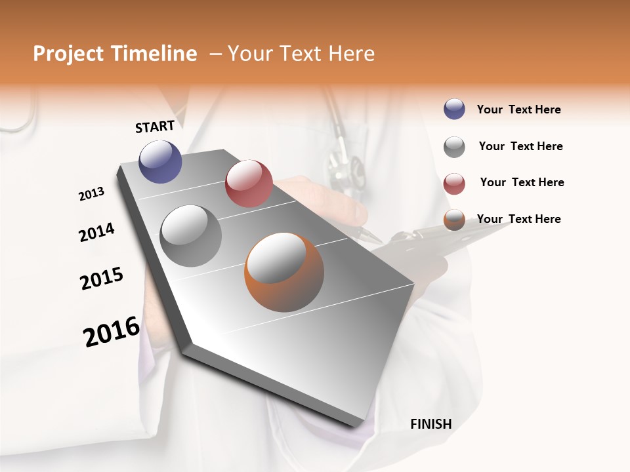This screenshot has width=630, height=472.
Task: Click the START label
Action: point(155,127)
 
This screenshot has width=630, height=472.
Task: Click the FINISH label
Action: point(430,424)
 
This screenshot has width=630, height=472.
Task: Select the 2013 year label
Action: point(92,194)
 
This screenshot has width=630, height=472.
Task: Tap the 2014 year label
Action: point(96,232)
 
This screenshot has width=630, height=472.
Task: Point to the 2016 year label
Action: point(112,332)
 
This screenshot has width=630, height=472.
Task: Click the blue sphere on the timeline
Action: point(160,161)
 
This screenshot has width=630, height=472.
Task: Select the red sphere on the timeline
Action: point(249,184)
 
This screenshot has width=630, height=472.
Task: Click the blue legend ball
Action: point(454,109)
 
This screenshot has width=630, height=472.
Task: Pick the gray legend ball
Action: point(454,147)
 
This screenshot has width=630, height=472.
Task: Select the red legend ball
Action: point(454,183)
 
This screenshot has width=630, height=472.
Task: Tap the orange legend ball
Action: point(454,220)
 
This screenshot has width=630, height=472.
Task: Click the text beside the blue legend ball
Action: point(518,109)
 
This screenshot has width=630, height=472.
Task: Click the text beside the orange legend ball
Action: point(518,219)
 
